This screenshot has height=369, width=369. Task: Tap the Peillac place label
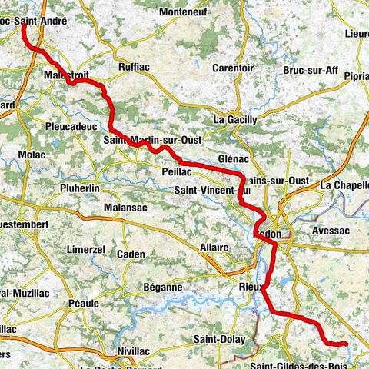click(x=177, y=172)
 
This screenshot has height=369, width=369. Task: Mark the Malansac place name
click(x=127, y=208)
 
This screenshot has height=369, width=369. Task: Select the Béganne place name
click(x=162, y=287)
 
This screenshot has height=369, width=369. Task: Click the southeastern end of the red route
click(x=346, y=344)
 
